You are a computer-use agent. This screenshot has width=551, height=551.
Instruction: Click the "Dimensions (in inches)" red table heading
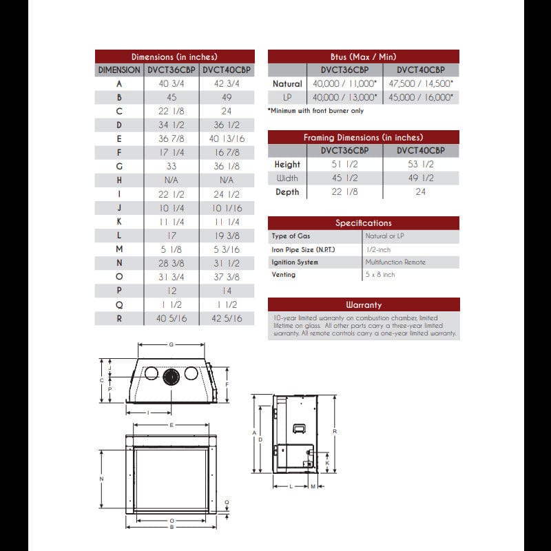pos(174,56)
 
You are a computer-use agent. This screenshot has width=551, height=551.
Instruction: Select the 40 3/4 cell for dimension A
pos(172,84)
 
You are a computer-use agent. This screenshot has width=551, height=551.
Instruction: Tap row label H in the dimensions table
pos(119,180)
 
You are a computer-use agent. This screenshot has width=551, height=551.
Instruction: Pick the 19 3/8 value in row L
pos(227,236)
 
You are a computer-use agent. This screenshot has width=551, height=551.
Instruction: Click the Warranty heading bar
pos(363,304)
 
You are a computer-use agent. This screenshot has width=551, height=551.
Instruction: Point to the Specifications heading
pos(363,222)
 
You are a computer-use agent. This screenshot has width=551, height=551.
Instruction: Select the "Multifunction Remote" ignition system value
pos(395,262)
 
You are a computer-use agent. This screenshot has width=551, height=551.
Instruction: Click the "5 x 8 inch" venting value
pos(380,275)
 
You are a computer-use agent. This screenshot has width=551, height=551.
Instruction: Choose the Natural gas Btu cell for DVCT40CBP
pos(420,84)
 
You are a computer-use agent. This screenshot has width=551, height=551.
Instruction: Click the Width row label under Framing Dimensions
pos(287,178)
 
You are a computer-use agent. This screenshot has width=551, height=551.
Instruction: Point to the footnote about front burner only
pos(315,111)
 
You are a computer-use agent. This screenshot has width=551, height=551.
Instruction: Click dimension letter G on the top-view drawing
pos(170,344)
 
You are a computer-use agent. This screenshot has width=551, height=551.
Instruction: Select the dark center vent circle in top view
pos(171,373)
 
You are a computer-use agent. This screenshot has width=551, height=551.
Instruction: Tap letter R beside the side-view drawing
pos(334,431)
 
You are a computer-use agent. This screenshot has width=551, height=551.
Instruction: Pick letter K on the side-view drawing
pos(327,464)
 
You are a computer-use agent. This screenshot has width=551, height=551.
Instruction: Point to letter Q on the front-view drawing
pos(227,502)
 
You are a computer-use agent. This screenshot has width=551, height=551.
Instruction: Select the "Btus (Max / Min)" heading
pos(363,56)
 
